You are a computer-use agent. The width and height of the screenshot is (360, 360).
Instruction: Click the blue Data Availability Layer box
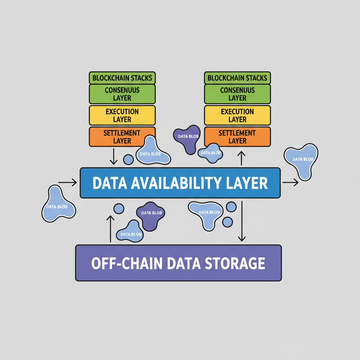[180, 183]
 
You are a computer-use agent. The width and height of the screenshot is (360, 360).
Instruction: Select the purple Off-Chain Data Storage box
[179, 263]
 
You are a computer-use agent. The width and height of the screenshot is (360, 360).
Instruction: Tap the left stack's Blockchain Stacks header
[122, 78]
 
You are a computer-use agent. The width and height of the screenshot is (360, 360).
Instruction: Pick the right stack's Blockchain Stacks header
[237, 78]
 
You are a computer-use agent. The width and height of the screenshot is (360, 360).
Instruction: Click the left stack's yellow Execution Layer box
[122, 115]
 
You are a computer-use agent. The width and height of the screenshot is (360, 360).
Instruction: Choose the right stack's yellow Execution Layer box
[237, 115]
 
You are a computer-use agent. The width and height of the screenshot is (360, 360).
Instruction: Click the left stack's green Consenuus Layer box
[122, 94]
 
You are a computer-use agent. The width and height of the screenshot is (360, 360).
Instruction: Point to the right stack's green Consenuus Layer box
[237, 94]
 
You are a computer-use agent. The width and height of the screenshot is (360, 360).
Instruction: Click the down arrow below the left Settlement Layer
[113, 156]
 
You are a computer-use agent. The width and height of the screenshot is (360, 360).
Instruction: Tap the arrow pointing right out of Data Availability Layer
[290, 182]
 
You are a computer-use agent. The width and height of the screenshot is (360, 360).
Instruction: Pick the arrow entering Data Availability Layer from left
[67, 182]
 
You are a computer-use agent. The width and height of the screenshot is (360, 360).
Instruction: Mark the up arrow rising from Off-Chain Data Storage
[110, 229]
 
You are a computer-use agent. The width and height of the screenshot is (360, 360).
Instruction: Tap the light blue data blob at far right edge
[301, 160]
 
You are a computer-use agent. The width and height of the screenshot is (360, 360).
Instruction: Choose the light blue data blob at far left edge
[57, 205]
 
